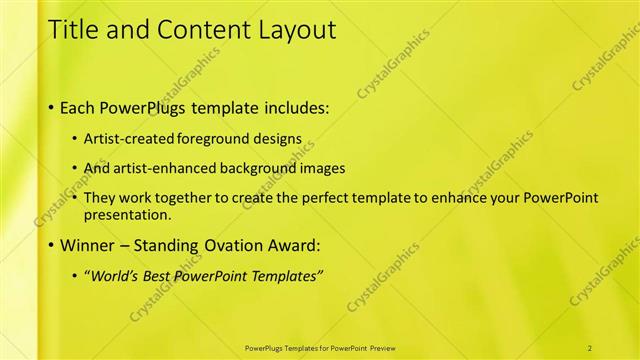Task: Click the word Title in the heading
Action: (75, 30)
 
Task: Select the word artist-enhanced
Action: (164, 168)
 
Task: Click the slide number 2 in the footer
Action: (590, 347)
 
